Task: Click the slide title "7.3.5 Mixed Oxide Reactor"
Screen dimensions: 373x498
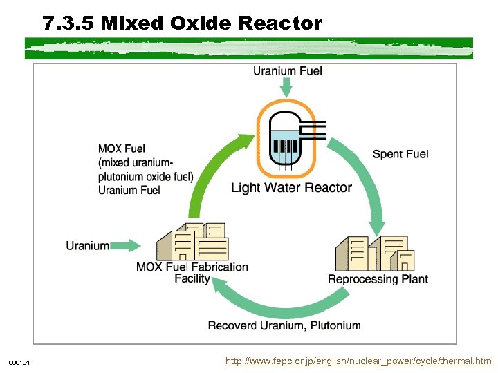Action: point(182,24)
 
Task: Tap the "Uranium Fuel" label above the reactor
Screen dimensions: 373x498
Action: point(287,70)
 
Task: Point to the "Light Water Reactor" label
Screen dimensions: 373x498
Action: point(291,188)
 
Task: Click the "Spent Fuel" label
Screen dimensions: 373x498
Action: point(400,154)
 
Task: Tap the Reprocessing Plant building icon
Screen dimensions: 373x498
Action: point(376,254)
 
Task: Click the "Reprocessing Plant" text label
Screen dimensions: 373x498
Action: point(378,279)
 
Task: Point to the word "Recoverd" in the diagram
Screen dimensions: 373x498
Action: point(232,325)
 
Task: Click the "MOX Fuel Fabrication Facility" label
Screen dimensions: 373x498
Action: point(192,272)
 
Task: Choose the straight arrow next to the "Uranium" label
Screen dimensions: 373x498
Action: point(126,245)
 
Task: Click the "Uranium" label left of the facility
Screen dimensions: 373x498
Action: point(87,245)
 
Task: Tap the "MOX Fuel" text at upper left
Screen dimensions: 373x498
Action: point(122,149)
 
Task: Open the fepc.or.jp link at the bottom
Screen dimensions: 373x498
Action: point(360,361)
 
